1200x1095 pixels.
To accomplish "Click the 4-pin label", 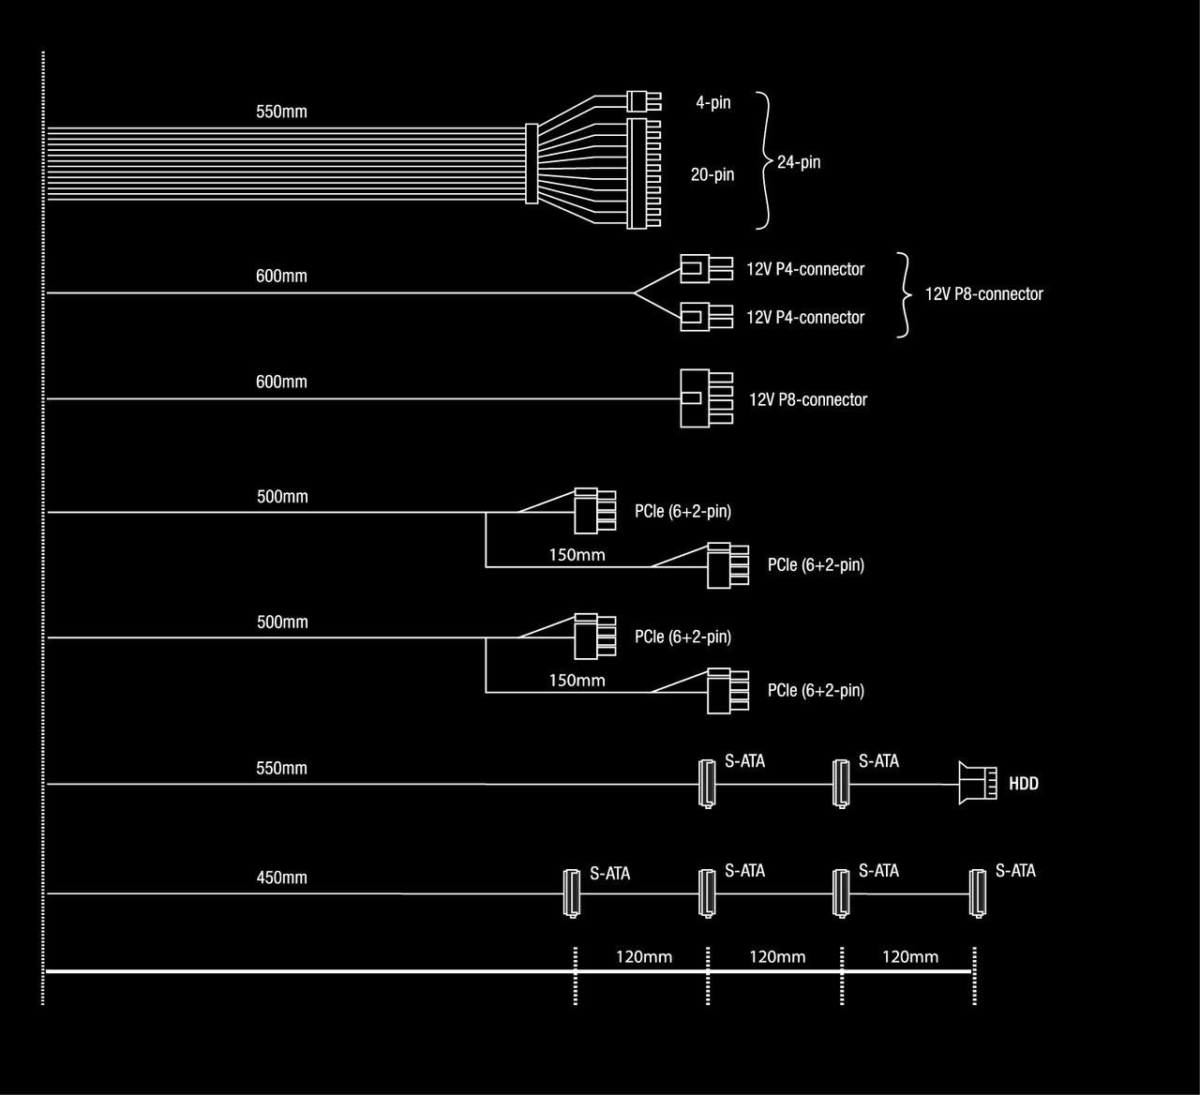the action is click(713, 103).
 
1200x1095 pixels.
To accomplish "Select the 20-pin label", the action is click(712, 174).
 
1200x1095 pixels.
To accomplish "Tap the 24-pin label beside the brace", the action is click(799, 162).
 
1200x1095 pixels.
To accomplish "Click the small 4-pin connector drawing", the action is click(644, 101).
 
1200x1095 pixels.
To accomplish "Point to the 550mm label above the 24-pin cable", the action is click(281, 112).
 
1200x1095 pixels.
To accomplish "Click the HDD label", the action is click(1024, 783).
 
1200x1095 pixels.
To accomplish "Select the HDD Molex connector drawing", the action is click(978, 783).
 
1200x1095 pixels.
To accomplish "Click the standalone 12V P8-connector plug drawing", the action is click(707, 398).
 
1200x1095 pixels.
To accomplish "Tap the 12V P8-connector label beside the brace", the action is click(984, 294).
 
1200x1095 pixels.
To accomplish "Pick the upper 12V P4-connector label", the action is click(805, 269).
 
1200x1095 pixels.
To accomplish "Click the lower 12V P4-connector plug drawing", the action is click(707, 317).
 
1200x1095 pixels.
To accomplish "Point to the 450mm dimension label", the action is click(281, 877).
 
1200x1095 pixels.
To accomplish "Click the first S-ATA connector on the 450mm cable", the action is click(572, 893).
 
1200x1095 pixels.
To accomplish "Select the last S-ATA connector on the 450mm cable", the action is click(978, 893).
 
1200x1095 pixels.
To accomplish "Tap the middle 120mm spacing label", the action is click(777, 957).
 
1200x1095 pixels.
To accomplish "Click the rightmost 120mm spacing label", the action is click(910, 957).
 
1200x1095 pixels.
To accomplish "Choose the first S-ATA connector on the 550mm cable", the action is click(707, 784).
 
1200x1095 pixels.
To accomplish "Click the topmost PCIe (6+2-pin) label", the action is click(682, 512).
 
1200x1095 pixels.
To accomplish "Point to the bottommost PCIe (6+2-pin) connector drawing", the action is click(728, 691).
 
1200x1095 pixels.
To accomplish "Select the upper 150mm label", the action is click(577, 555).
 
